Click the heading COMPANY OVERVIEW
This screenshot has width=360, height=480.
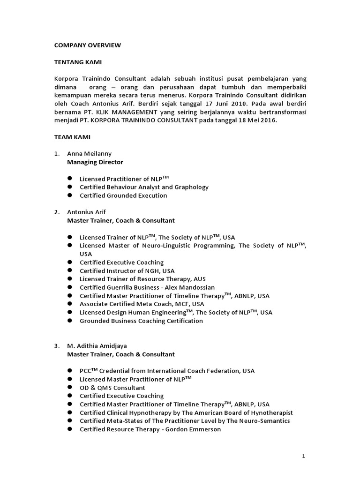pyautogui.click(x=87, y=45)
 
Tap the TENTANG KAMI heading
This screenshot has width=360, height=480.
pyautogui.click(x=78, y=62)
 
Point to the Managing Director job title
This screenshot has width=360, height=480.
pyautogui.click(x=95, y=162)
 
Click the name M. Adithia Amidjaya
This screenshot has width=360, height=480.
pyautogui.click(x=97, y=346)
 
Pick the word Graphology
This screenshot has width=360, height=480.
pyautogui.click(x=191, y=187)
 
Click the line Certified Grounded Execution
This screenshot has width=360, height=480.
pyautogui.click(x=123, y=195)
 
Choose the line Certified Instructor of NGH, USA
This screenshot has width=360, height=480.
pyautogui.click(x=127, y=271)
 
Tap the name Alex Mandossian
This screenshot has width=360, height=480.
pyautogui.click(x=189, y=287)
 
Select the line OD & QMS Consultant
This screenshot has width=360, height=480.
pyautogui.click(x=112, y=388)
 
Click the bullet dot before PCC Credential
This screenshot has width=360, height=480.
pyautogui.click(x=69, y=370)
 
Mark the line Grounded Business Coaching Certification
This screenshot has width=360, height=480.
pyautogui.click(x=141, y=321)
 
